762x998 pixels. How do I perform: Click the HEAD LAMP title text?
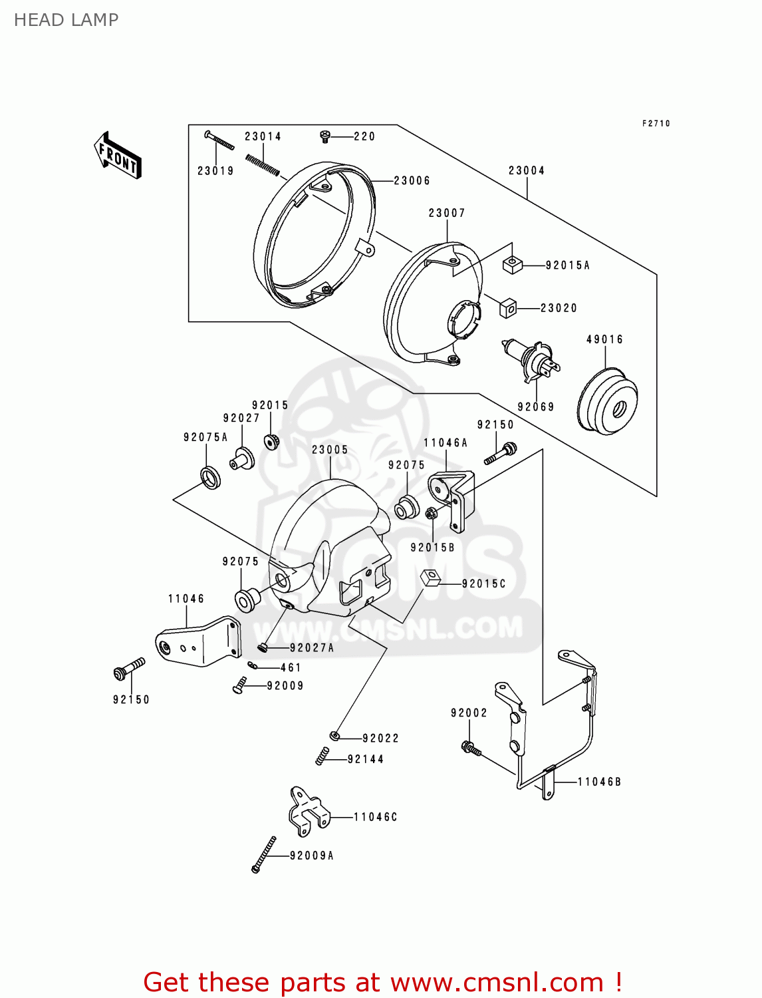click(x=66, y=20)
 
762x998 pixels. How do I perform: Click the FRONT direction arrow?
click(x=118, y=156)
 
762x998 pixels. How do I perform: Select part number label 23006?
click(x=412, y=181)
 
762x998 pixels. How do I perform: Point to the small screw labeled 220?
click(x=326, y=136)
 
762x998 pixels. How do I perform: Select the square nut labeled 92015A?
click(x=511, y=265)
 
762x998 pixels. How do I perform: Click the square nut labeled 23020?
click(x=508, y=308)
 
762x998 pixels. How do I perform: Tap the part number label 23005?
click(x=330, y=450)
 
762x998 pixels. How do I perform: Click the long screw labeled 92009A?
click(x=264, y=854)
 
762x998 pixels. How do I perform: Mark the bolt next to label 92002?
click(x=471, y=748)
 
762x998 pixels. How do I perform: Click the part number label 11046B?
click(x=598, y=782)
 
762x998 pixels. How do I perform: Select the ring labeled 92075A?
click(x=211, y=477)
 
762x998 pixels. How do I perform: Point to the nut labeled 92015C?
click(x=431, y=578)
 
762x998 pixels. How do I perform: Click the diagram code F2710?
click(x=656, y=124)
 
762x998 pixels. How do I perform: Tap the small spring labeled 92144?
click(x=322, y=756)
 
